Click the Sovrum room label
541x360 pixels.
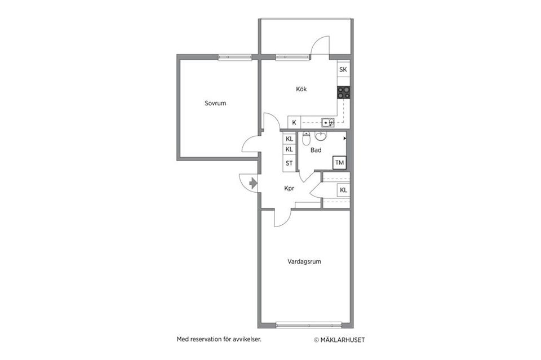coord(215,103)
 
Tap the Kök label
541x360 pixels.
coord(301,89)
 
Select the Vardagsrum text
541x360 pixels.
coord(304,261)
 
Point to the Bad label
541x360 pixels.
coord(316,150)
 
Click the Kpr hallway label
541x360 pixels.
coord(290,189)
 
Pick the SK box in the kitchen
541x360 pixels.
coord(343,70)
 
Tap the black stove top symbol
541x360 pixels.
coord(344,92)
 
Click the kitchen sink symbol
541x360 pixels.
coord(327,122)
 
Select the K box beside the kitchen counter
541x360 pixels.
coord(294,122)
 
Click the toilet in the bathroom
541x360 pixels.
coord(306,138)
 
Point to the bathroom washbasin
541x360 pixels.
coord(321,136)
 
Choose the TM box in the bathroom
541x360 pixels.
coord(339,163)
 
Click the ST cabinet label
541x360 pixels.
coord(289,163)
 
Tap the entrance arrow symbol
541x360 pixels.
coord(253,183)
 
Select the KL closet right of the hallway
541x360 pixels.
coord(343,190)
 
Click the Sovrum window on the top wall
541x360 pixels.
coord(234,57)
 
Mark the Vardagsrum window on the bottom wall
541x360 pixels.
coord(309,325)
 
